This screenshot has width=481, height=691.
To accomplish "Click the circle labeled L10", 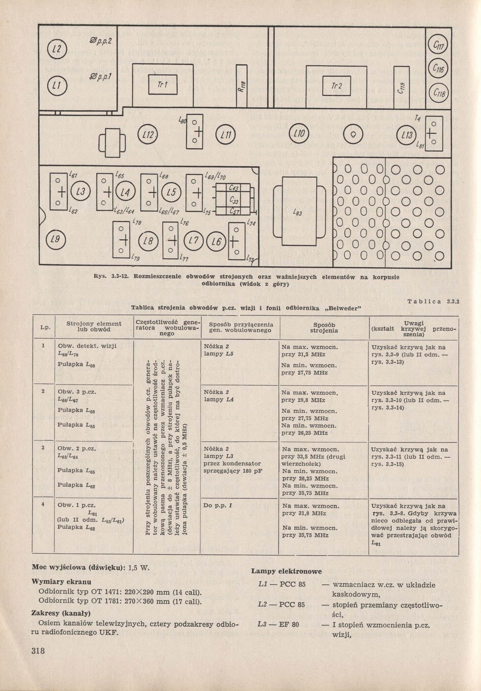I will pos(300,134).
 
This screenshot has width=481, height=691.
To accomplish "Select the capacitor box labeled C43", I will pos(234,188).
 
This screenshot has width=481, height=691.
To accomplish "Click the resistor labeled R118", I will pos(242,86).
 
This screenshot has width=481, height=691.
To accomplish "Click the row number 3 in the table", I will pos(43,448).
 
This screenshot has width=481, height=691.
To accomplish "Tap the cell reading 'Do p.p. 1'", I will pos(215,506).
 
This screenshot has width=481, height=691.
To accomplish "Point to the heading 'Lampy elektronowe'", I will pos(286,571).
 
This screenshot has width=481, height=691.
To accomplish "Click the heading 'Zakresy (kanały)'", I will pos(61,613).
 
